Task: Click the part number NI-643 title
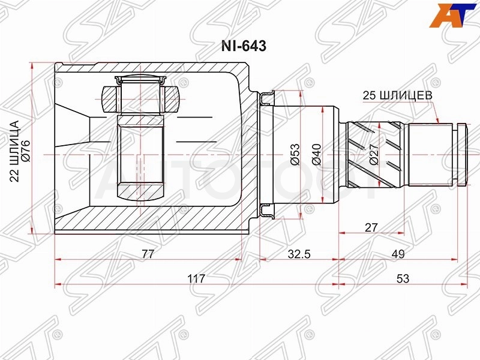(x=244, y=46)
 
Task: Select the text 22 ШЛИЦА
(x=14, y=152)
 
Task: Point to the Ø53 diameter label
(x=295, y=154)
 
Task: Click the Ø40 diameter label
(x=317, y=154)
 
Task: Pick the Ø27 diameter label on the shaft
(x=373, y=154)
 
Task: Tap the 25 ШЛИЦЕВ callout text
(x=397, y=95)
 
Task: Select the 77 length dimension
(x=148, y=254)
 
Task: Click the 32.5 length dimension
(x=299, y=254)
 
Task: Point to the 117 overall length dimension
(x=196, y=278)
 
